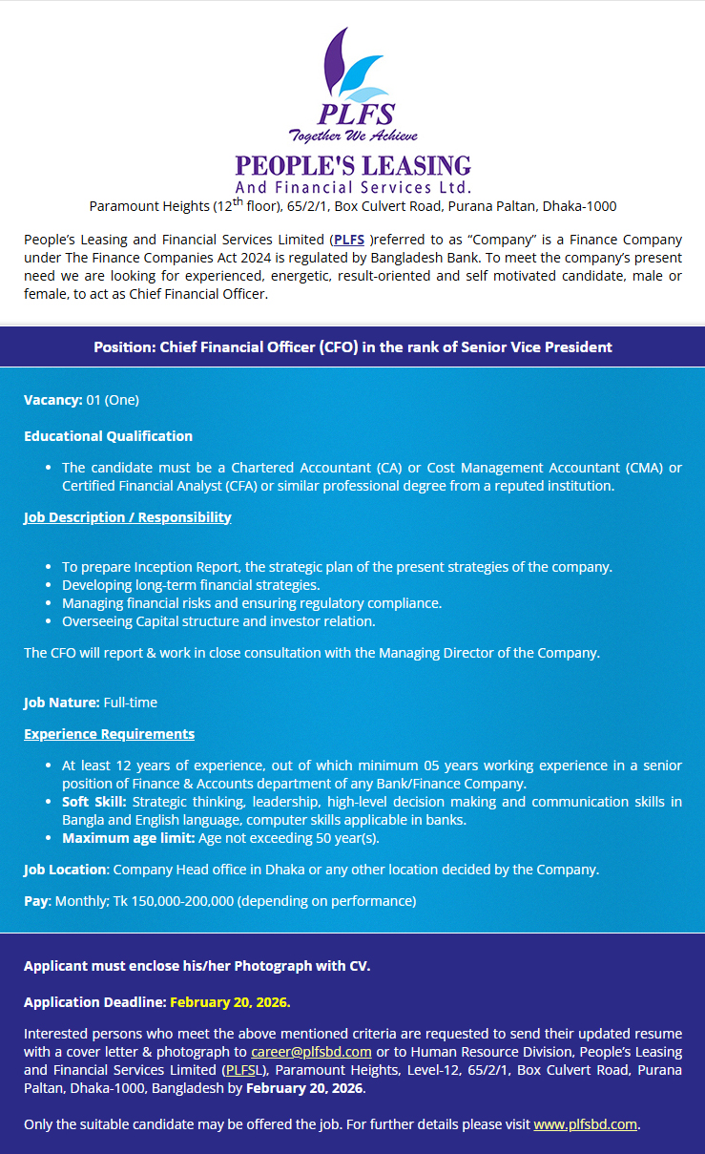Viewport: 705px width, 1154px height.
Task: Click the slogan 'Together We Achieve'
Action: point(353,135)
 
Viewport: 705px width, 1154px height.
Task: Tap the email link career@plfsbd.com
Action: point(311,1051)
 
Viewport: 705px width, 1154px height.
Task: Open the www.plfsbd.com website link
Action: point(585,1124)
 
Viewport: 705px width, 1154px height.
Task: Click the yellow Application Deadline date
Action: point(230,1002)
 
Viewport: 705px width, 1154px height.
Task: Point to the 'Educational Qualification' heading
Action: point(108,436)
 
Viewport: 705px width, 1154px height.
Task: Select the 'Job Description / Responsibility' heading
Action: point(128,517)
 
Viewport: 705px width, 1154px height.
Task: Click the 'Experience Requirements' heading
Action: point(109,734)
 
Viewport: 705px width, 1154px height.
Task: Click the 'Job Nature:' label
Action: point(61,703)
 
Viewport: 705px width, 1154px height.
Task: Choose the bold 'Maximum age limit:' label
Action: point(129,838)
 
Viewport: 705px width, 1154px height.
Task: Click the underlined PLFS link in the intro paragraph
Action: point(349,241)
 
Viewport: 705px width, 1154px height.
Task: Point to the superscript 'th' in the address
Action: point(239,201)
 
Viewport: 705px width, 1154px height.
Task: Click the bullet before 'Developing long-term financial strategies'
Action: point(49,585)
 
